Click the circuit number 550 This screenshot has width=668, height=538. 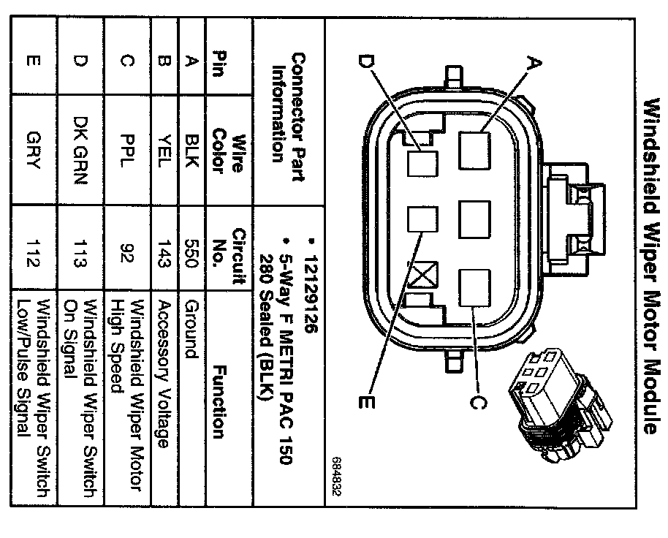coord(192,253)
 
